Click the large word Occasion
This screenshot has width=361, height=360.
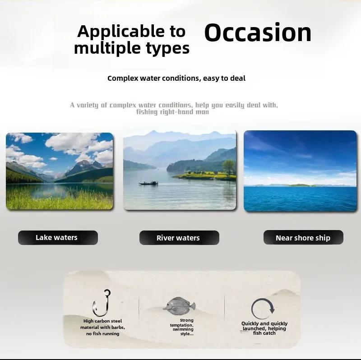[258, 32]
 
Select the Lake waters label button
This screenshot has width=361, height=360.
[58, 238]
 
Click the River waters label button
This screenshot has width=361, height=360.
[179, 238]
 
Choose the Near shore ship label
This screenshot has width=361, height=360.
[303, 237]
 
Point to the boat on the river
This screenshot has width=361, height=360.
[148, 183]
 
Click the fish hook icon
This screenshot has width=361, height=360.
[102, 303]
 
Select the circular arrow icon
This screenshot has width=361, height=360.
[263, 308]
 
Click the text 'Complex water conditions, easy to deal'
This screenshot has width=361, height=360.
[176, 78]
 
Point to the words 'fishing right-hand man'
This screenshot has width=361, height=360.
[172, 112]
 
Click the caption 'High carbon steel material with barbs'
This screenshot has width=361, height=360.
[103, 324]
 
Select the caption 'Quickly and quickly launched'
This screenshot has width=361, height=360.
[264, 326]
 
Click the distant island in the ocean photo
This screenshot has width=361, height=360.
[299, 185]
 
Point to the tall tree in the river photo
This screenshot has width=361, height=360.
[228, 167]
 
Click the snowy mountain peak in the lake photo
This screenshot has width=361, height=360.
[84, 163]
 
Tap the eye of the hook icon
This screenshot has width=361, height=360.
[107, 292]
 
